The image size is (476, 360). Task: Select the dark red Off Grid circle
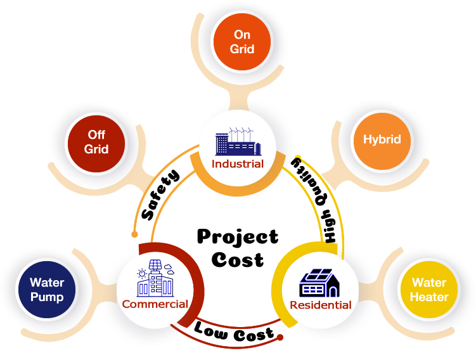(x=96, y=142)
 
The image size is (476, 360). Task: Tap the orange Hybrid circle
(x=382, y=139)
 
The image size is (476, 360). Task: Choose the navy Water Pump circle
(x=46, y=290)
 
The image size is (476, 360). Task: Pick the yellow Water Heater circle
(x=429, y=290)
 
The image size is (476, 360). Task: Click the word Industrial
(x=238, y=164)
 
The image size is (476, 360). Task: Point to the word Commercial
(x=155, y=304)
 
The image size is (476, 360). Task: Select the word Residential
(x=320, y=305)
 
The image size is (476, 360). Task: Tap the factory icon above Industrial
(x=238, y=143)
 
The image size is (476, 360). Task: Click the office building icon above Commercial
(x=154, y=280)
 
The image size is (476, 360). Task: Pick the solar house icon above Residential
(x=320, y=283)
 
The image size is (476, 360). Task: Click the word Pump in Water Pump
(x=47, y=297)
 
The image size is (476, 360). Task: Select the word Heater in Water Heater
(x=429, y=297)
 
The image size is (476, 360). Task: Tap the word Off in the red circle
(x=96, y=135)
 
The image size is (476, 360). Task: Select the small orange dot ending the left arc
(x=134, y=234)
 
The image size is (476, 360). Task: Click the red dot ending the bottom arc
(x=282, y=338)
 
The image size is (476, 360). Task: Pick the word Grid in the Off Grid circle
(x=96, y=150)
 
